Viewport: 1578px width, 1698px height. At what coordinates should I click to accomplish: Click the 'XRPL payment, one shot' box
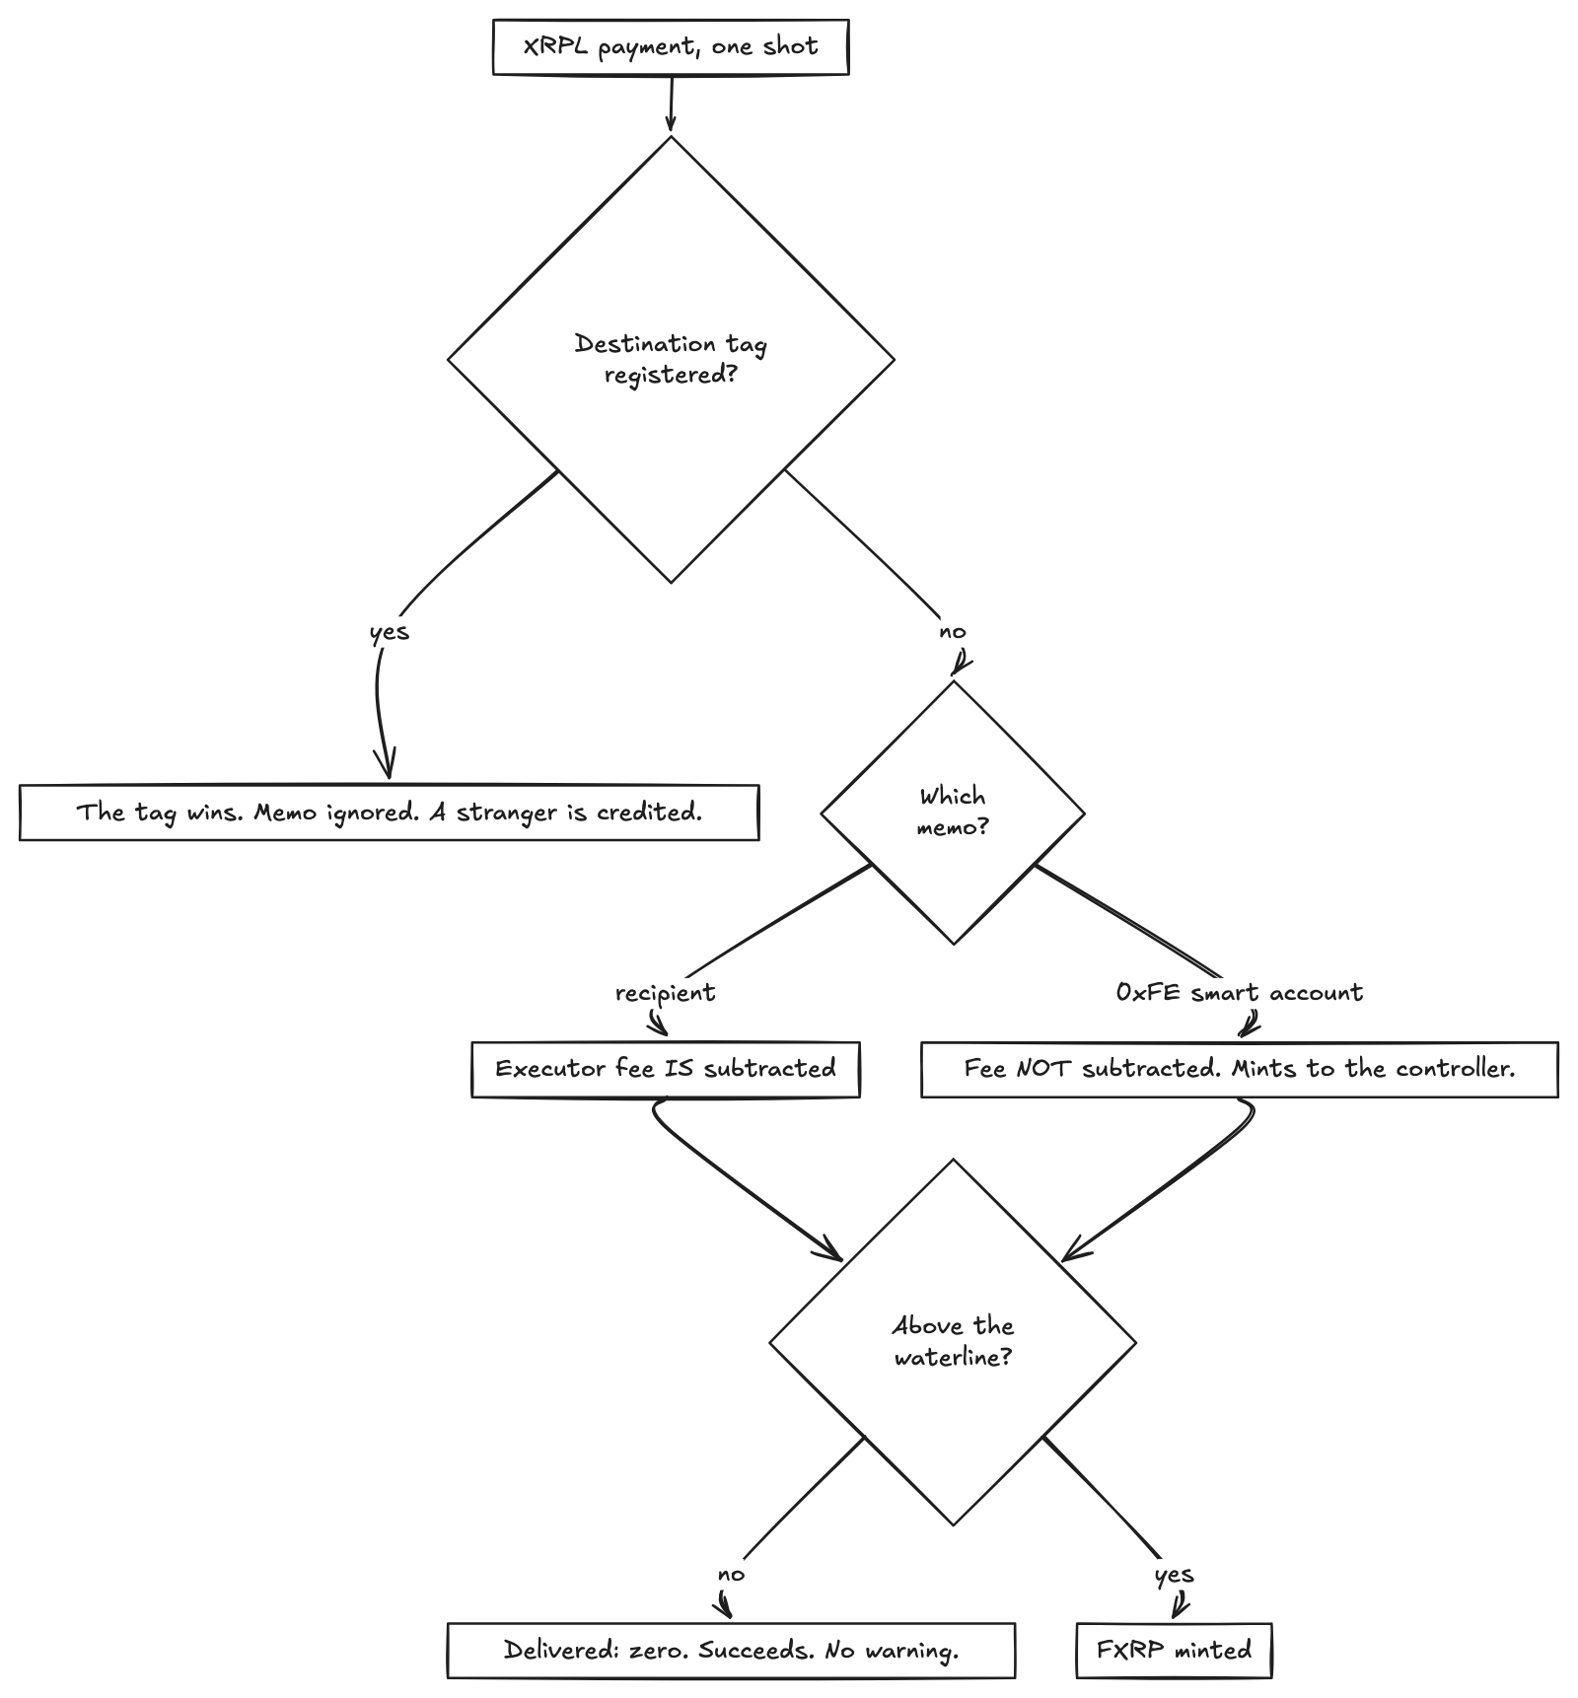pos(671,46)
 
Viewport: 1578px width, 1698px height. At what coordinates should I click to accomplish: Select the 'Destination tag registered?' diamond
pos(671,359)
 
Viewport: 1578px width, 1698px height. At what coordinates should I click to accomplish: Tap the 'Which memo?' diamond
pos(953,813)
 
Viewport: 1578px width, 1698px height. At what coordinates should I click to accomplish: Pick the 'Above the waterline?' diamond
pos(953,1341)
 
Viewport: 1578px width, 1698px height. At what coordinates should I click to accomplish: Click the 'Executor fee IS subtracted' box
pos(666,1069)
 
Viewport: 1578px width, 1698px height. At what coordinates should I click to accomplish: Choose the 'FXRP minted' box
pos(1174,1650)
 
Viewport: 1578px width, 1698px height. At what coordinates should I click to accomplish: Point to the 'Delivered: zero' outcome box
pos(731,1650)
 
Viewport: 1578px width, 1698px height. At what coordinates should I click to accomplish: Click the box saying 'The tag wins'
pos(390,813)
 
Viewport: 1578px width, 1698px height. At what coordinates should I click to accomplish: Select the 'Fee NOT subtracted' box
pos(1240,1069)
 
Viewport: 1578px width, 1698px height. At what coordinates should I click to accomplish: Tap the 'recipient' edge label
pos(665,993)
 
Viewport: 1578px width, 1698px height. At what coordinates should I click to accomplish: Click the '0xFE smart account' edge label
pos(1240,992)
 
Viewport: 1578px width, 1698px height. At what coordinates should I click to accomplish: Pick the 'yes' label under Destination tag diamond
pos(390,632)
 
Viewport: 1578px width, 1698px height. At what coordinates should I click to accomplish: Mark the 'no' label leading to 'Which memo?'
pos(953,631)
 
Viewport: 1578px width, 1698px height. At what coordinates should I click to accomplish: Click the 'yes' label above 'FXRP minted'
pos(1174,1575)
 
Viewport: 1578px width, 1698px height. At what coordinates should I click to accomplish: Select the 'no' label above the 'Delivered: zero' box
pos(731,1574)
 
